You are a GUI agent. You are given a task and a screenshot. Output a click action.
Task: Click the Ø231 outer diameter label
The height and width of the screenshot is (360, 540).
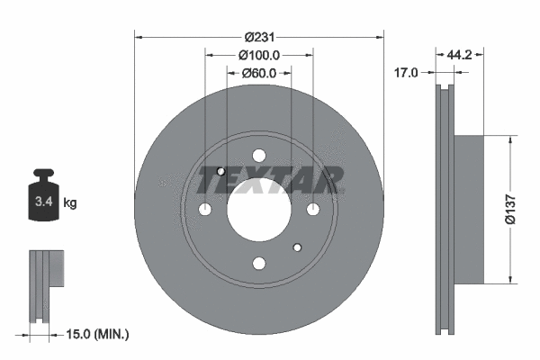tap(259, 37)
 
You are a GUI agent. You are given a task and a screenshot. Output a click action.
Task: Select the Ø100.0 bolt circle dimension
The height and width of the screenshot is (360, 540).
tap(259, 55)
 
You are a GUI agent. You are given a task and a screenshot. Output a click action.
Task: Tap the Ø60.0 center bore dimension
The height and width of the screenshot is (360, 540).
tap(259, 73)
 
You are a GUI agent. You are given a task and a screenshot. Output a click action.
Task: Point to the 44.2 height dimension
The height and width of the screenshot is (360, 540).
tap(460, 55)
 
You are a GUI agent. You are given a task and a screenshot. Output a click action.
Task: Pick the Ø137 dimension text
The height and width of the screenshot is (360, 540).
tap(509, 208)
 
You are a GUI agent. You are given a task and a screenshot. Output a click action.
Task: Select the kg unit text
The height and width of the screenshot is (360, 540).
tap(70, 203)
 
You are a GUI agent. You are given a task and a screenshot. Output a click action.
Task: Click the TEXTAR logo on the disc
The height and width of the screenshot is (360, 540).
tap(270, 181)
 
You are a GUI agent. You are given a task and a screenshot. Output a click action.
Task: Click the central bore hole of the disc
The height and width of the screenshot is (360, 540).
tap(259, 209)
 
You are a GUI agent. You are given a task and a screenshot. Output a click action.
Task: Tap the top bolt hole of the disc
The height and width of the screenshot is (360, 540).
tap(259, 155)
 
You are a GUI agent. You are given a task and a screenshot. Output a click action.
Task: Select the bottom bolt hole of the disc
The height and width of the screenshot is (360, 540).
tap(259, 263)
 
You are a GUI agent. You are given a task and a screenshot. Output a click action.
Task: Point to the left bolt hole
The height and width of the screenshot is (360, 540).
tap(205, 210)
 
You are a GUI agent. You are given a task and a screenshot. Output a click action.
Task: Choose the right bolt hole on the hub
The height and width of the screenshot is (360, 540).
tap(313, 210)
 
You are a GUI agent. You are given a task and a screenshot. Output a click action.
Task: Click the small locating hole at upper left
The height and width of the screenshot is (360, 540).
tap(221, 171)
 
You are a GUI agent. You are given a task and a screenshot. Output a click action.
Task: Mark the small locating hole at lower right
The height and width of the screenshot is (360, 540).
tap(298, 247)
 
